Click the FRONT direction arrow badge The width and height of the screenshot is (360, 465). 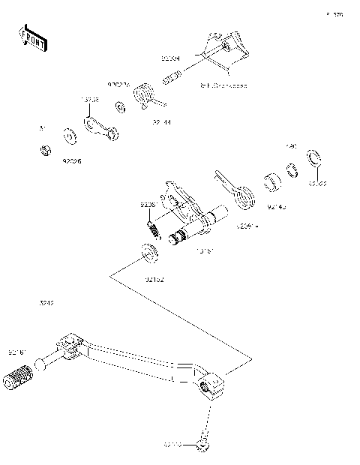click(x=30, y=38)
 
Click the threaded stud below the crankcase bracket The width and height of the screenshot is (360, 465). click(x=172, y=77)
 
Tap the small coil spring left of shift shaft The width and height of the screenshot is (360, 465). click(x=153, y=227)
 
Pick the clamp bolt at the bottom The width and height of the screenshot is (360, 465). click(x=202, y=445)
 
